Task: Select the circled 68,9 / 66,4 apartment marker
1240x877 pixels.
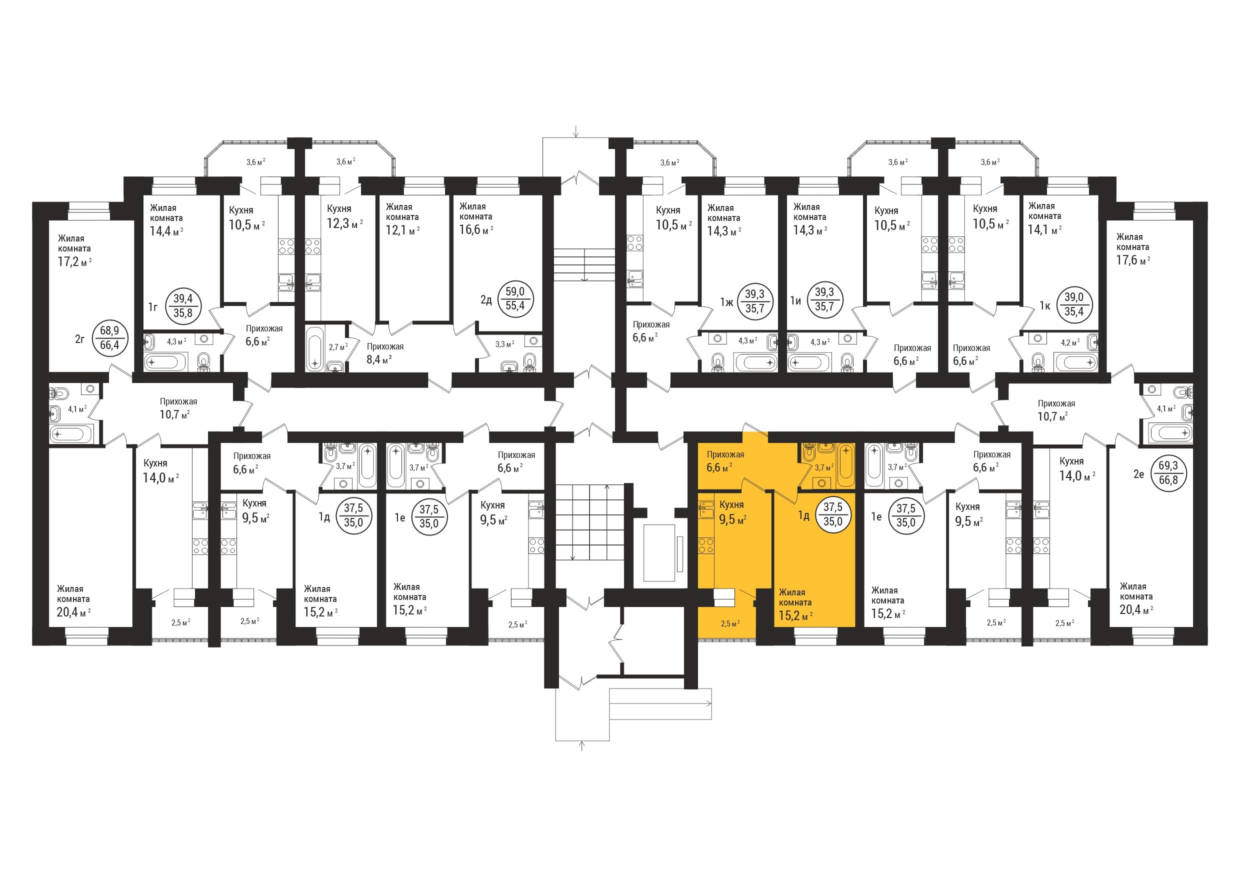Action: [x=109, y=337]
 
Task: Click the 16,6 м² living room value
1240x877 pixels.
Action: [x=476, y=229]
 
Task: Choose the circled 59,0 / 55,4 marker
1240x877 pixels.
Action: [x=515, y=298]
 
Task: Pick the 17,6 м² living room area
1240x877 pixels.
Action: [x=1133, y=260]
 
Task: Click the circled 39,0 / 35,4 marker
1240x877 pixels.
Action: [x=1073, y=305]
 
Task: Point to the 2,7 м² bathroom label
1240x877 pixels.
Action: [x=338, y=346]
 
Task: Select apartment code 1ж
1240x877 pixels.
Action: [x=727, y=302]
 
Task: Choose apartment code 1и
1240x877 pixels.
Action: [x=795, y=301]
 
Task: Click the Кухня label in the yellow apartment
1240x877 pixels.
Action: [x=732, y=504]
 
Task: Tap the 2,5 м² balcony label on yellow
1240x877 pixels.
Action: [x=730, y=623]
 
